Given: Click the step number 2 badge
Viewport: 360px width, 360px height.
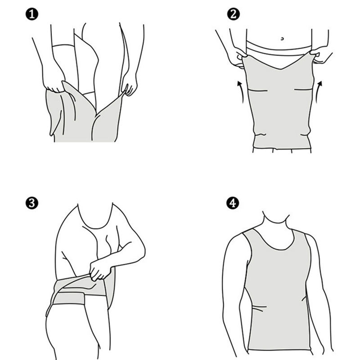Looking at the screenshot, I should tap(233, 15).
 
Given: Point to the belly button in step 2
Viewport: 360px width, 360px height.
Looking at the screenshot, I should tap(282, 39).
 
